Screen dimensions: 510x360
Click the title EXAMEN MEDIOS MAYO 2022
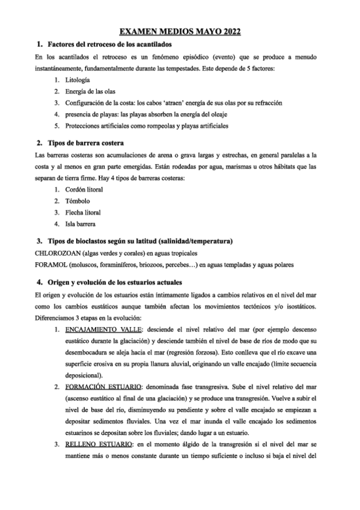click(x=180, y=31)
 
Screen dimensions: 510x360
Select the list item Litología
click(x=78, y=80)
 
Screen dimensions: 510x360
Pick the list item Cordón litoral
click(x=84, y=189)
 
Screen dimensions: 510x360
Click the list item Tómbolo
click(x=78, y=201)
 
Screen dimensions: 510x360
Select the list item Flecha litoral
click(x=84, y=212)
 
